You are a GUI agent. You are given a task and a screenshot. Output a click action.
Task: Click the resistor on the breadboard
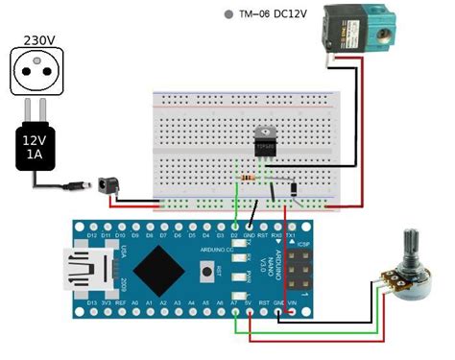click(249, 179)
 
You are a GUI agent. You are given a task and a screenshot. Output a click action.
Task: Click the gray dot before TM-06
click(227, 15)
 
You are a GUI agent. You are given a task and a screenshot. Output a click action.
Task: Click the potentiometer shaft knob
click(414, 247)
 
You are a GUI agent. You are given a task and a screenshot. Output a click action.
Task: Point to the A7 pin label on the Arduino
click(234, 301)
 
